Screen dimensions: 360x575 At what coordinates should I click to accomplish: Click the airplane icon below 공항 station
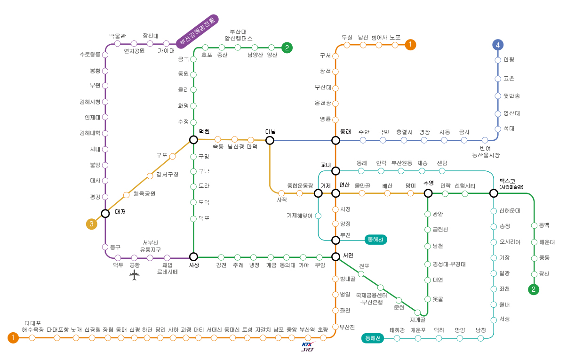[135, 275]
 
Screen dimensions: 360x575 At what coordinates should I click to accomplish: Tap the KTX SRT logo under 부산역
[308, 347]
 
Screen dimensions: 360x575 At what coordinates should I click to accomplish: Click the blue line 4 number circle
[498, 45]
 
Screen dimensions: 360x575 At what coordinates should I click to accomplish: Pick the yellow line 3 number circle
[92, 224]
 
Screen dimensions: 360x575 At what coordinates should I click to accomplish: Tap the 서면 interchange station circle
[335, 256]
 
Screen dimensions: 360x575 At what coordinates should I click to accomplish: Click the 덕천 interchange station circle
[193, 139]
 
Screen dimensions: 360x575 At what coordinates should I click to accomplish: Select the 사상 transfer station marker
[193, 256]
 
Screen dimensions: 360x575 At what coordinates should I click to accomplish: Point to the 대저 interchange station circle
[105, 213]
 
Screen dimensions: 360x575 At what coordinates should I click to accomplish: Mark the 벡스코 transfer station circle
[494, 193]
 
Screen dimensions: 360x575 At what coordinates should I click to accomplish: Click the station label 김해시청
[90, 102]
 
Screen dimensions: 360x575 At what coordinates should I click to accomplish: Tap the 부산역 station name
[307, 330]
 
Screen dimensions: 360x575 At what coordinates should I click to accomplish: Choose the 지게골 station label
[417, 320]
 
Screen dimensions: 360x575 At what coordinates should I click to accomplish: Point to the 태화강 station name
[397, 330]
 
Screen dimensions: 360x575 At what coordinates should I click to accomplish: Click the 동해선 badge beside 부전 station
[376, 240]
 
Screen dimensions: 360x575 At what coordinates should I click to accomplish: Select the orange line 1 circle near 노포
[410, 45]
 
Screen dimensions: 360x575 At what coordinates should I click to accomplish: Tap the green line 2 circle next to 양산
[287, 47]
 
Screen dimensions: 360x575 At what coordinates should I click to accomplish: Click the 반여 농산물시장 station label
[486, 152]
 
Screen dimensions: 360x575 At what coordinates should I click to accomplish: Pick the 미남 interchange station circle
[270, 140]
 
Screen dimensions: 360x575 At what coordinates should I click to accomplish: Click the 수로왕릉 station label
[90, 54]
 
